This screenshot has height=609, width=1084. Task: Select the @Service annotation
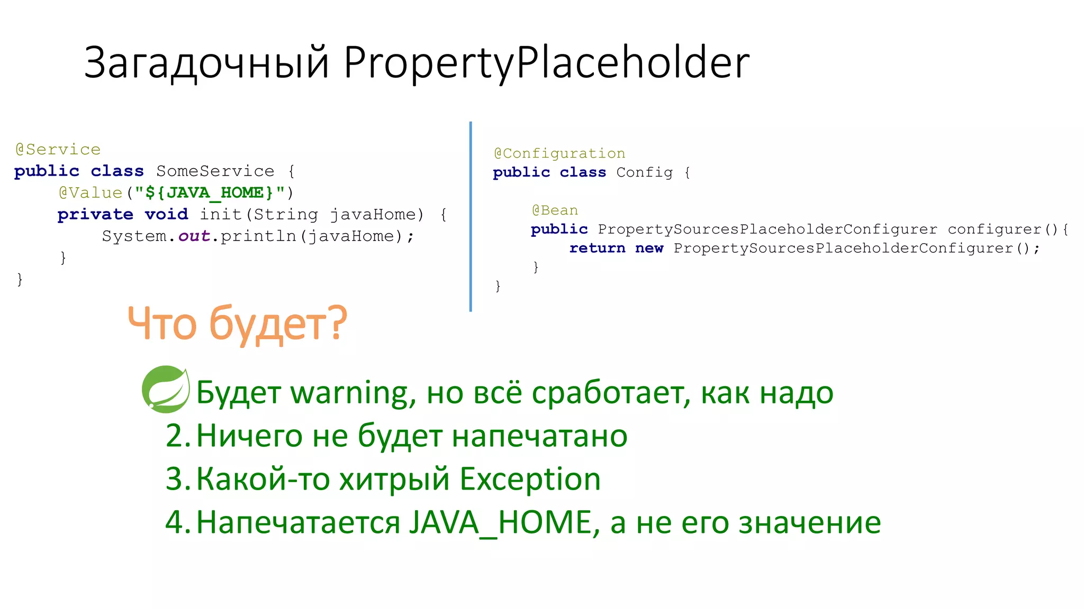[58, 150]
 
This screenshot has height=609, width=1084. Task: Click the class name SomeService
[215, 171]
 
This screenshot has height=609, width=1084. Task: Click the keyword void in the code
[166, 215]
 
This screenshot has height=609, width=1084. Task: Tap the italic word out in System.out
[194, 236]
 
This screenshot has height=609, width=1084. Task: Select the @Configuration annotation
[559, 153]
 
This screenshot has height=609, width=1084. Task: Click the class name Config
[644, 172]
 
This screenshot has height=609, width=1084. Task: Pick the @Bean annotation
[555, 210]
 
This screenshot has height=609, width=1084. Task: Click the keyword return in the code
[597, 248]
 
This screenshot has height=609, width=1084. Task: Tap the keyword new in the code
[649, 248]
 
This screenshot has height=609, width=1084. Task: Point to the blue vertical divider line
[470, 217]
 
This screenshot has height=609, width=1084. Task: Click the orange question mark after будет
[336, 322]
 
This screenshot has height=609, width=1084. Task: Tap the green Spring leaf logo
[166, 390]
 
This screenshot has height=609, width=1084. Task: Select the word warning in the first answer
[349, 393]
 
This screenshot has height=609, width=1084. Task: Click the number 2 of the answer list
[175, 436]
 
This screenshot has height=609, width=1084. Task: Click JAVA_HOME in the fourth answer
[500, 523]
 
